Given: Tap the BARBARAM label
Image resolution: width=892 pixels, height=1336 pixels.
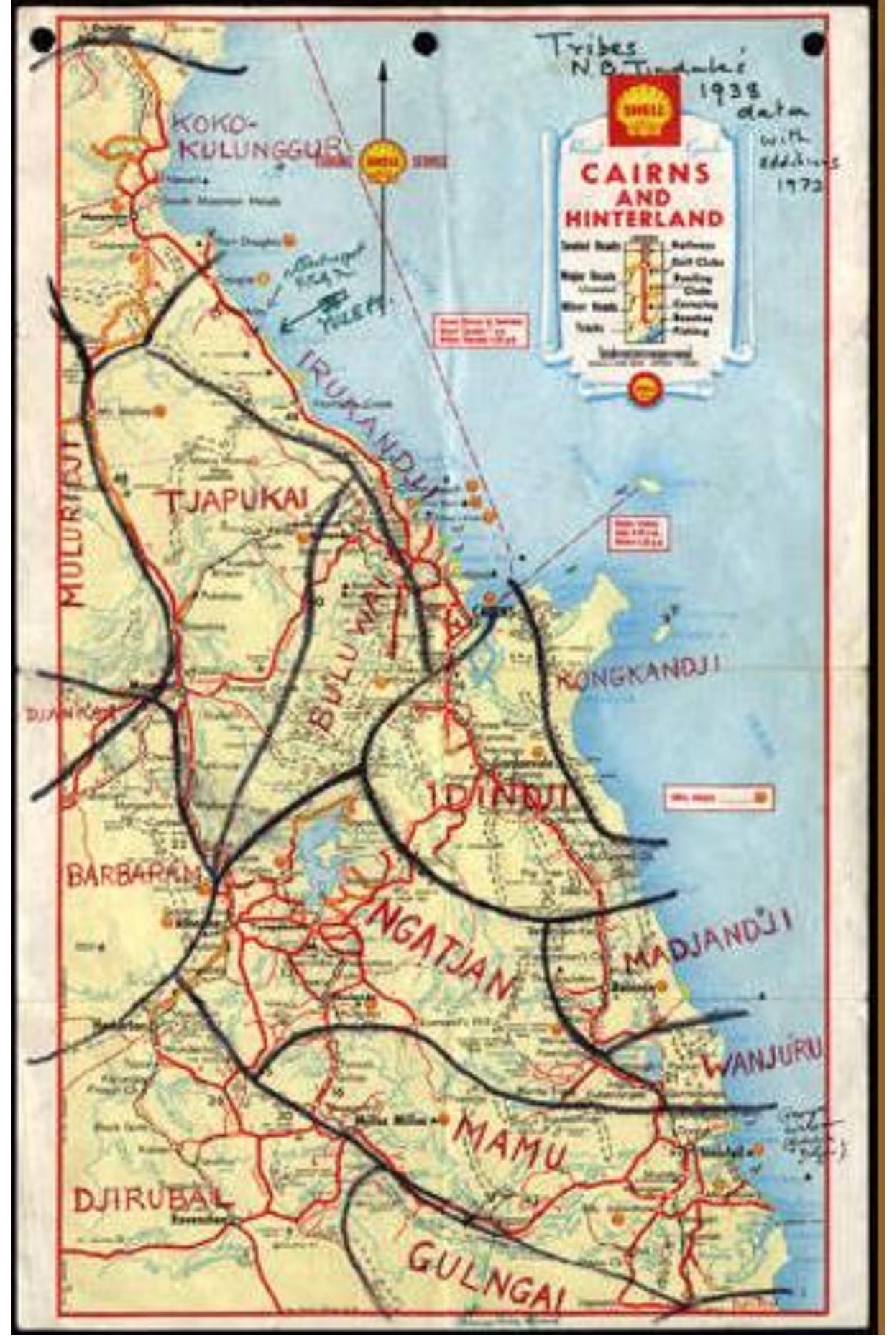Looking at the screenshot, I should pos(132,875).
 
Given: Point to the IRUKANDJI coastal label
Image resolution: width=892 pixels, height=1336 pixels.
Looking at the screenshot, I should pos(367,424).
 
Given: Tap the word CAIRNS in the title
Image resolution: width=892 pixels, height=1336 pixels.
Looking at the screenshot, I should pos(645,173).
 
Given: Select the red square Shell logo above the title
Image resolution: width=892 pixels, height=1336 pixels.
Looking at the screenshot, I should pos(645,110).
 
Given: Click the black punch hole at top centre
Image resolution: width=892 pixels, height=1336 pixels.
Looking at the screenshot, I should pos(425,42).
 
